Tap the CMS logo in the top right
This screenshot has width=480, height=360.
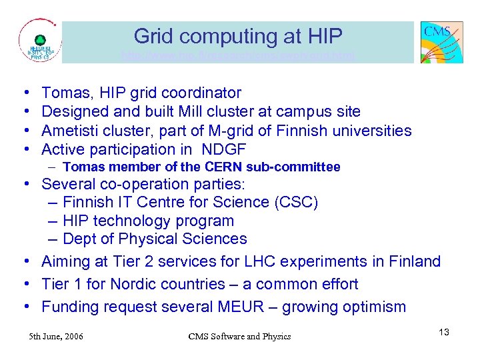(x=441, y=42)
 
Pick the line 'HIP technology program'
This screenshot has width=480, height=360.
(x=148, y=221)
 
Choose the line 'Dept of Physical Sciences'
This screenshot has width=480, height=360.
(x=155, y=239)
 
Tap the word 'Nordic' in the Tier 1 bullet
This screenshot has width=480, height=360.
(x=137, y=284)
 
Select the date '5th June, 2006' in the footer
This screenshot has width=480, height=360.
(x=56, y=336)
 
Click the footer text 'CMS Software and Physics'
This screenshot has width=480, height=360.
(x=239, y=336)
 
